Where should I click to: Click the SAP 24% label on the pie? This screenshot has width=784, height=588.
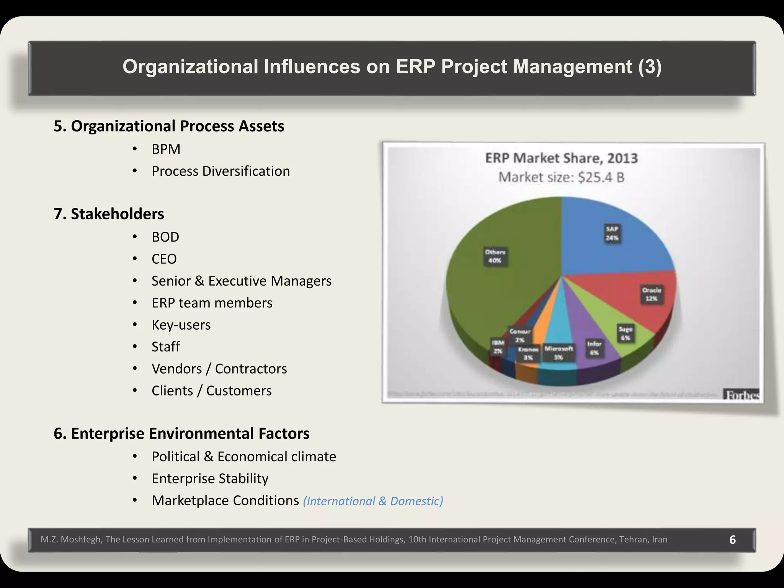click(612, 234)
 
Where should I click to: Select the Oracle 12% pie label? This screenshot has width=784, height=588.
click(652, 294)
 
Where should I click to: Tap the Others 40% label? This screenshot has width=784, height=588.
click(495, 256)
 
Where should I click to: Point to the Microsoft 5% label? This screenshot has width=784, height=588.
click(559, 353)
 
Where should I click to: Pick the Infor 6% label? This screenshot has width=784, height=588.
click(594, 348)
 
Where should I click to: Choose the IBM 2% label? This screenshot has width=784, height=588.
click(498, 347)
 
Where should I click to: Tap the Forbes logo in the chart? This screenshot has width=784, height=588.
click(742, 395)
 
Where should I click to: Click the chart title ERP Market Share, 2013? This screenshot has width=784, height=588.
click(561, 158)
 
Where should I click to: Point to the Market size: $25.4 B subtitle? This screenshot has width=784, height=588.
click(561, 177)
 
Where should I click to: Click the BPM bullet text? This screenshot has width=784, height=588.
click(166, 149)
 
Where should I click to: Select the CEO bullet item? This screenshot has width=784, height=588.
click(164, 259)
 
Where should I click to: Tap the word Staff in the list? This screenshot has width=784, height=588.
click(165, 346)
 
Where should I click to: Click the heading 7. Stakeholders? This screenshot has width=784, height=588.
click(109, 214)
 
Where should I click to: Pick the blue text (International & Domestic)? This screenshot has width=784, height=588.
click(372, 501)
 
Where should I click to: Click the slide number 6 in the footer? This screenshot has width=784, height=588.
click(732, 539)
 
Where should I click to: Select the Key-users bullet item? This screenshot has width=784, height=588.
click(181, 325)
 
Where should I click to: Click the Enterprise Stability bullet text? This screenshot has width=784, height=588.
click(210, 479)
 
